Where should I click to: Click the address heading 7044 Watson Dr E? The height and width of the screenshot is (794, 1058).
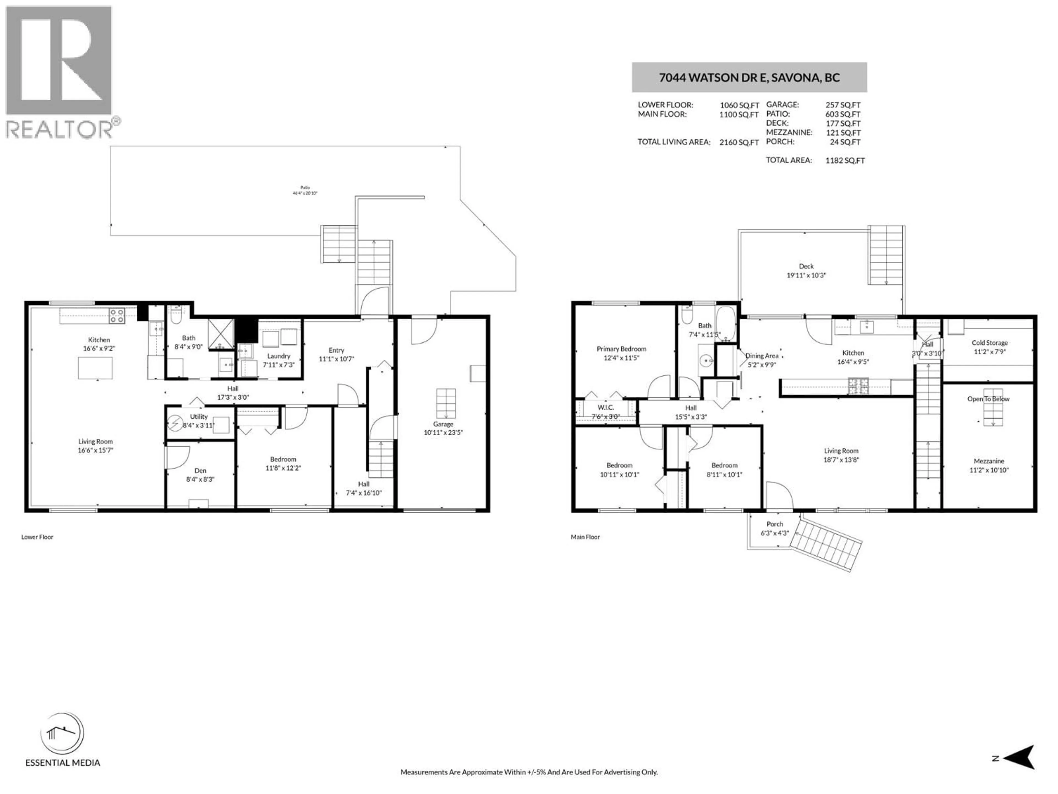click(x=749, y=77)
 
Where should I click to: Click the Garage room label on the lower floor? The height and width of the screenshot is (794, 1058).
click(x=443, y=424)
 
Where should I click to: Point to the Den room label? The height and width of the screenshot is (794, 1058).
click(x=200, y=470)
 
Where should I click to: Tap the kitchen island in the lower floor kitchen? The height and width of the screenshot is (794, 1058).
click(x=95, y=368)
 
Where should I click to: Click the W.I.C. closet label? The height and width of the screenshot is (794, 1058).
click(x=606, y=407)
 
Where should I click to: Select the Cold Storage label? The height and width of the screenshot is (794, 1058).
click(x=989, y=343)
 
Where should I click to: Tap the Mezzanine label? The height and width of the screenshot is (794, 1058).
click(x=988, y=461)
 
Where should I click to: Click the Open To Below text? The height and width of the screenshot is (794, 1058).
click(x=988, y=399)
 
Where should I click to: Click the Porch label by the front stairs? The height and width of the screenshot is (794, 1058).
click(x=774, y=524)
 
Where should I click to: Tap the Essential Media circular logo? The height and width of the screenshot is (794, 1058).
click(x=62, y=734)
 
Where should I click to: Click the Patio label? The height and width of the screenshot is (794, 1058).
click(x=305, y=188)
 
